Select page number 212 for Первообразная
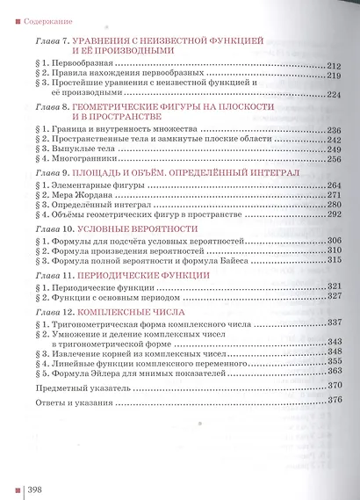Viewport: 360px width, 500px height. [332, 66]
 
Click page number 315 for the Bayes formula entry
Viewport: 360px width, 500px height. [333, 260]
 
